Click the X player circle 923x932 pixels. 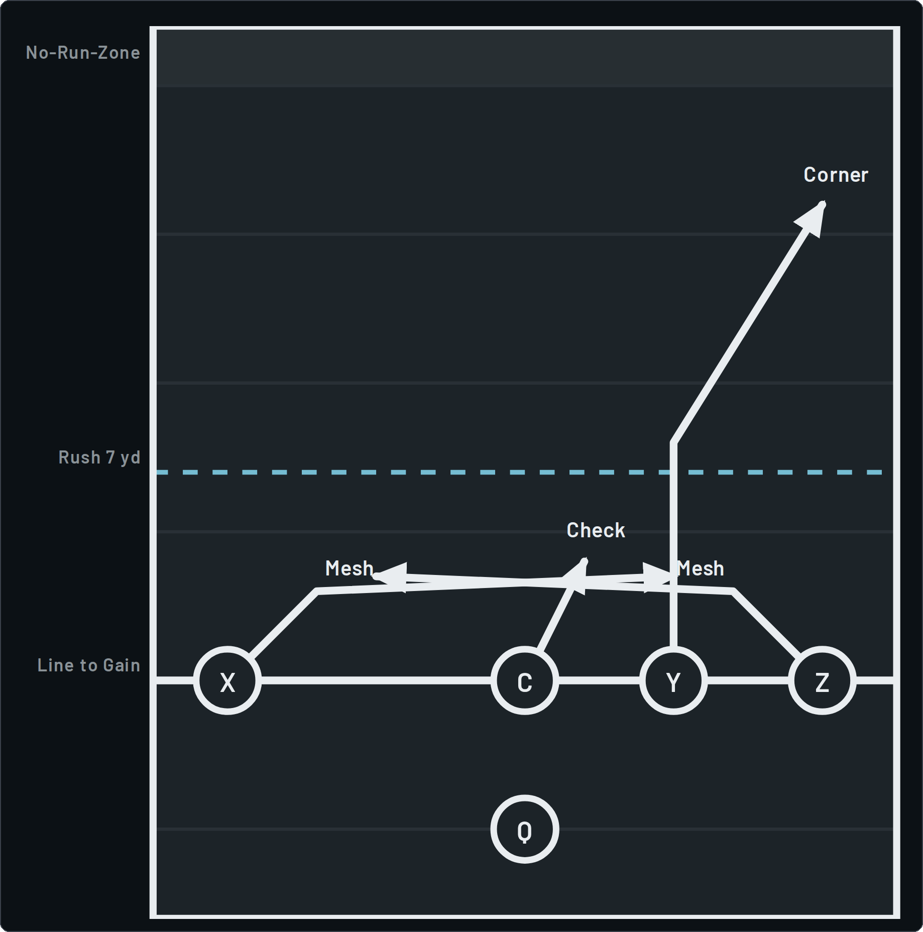click(x=227, y=680)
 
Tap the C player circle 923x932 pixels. click(x=525, y=680)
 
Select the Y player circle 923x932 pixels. click(x=673, y=680)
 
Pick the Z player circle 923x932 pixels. click(x=822, y=680)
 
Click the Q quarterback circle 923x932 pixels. click(x=525, y=829)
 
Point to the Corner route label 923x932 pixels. click(x=836, y=175)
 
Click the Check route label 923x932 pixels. click(x=596, y=530)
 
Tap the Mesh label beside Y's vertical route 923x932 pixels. click(x=701, y=568)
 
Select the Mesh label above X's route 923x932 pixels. click(x=349, y=568)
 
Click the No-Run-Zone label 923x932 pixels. click(x=83, y=53)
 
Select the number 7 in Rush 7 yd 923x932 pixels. click(x=110, y=457)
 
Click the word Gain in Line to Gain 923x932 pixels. click(x=122, y=665)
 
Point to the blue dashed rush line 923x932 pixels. click(x=519, y=472)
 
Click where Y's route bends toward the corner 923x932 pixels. click(x=673, y=442)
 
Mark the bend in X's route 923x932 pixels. click(x=317, y=591)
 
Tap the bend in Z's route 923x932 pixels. click(x=733, y=591)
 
